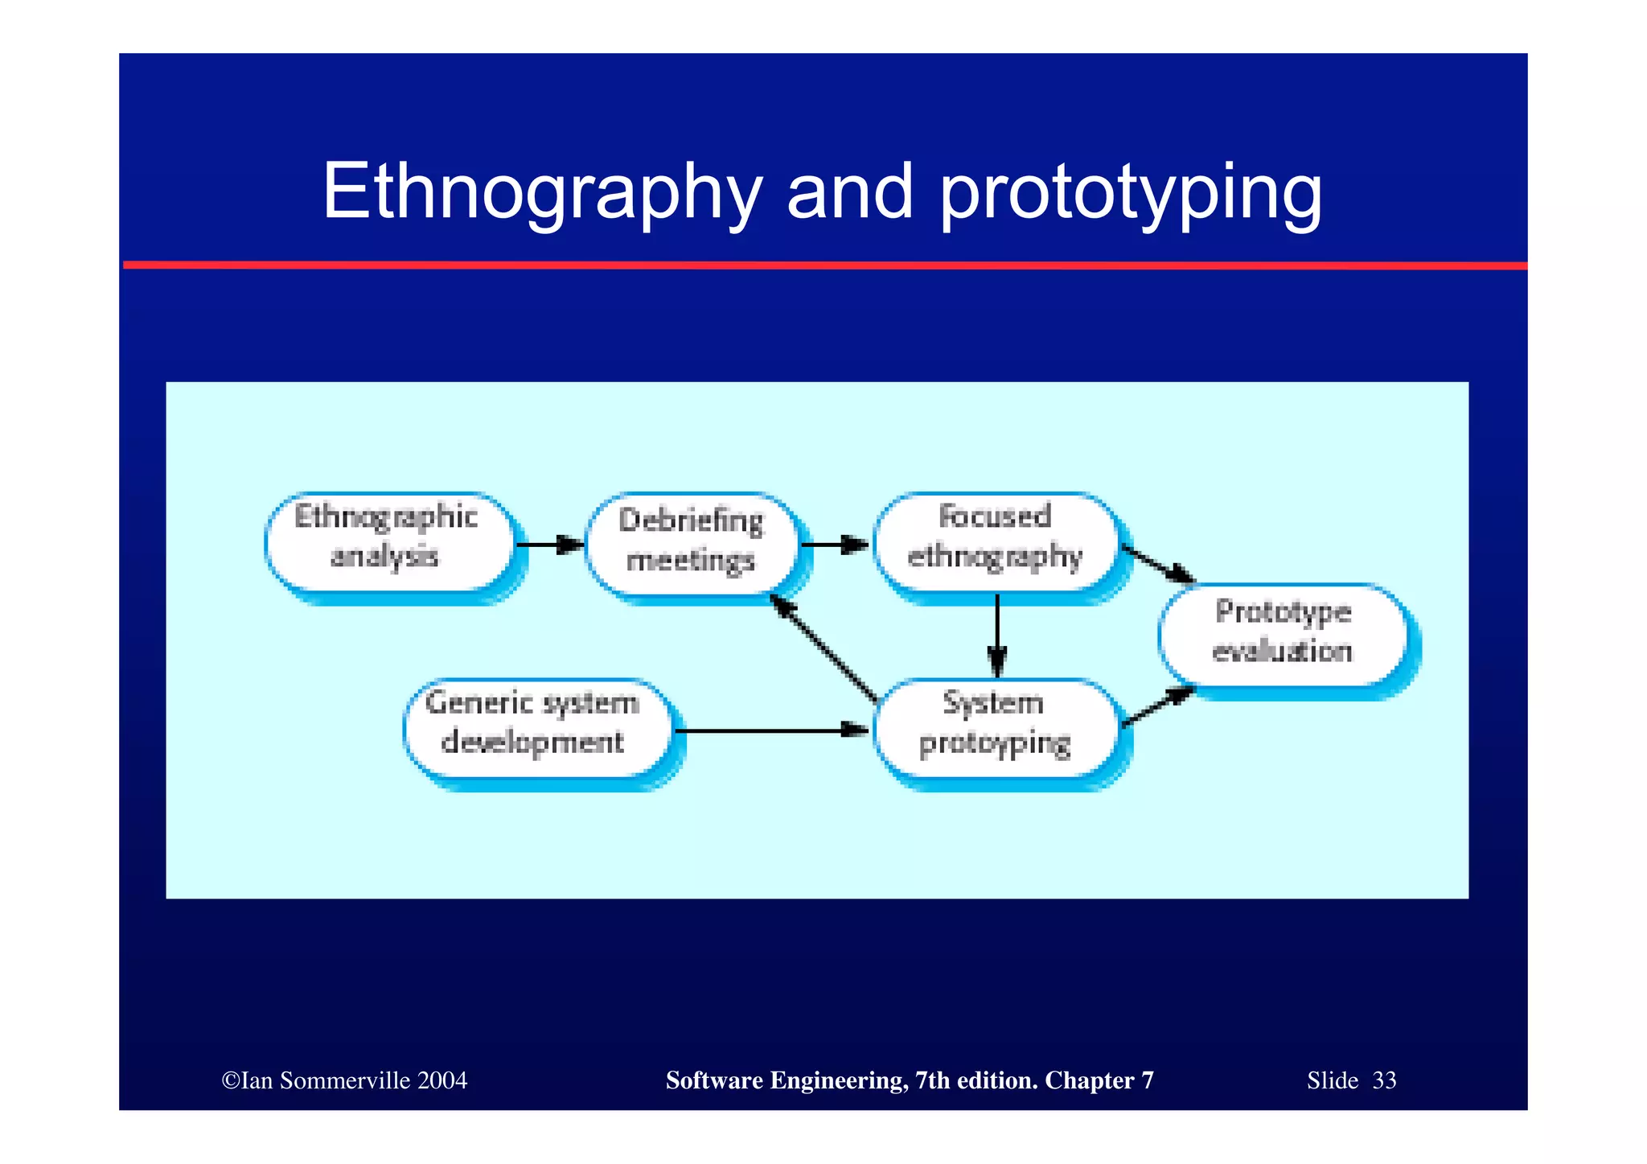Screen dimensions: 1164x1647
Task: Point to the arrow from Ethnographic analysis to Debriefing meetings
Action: (x=550, y=545)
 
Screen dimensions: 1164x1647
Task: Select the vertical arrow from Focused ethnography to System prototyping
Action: (x=997, y=635)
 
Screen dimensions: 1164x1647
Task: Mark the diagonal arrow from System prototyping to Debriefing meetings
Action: (x=823, y=648)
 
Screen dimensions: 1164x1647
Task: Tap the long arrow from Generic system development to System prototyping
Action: (x=772, y=730)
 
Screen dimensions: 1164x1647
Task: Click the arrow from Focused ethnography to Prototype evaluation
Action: (x=1158, y=564)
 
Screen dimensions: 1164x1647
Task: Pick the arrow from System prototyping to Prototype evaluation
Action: (x=1158, y=706)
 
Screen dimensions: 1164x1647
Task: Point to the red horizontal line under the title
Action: (x=823, y=265)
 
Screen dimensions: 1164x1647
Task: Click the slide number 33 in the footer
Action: (x=1384, y=1080)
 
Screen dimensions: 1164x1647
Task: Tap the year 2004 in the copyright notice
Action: (x=442, y=1080)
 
